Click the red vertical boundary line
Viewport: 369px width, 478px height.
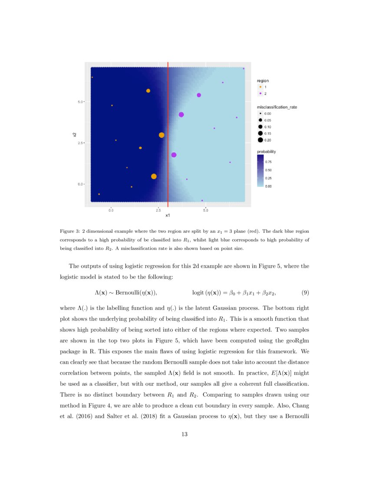point(168,130)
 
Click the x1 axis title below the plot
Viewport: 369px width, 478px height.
point(168,216)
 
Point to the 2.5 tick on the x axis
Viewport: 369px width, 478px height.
point(158,210)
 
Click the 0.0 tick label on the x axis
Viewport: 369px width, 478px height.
point(111,210)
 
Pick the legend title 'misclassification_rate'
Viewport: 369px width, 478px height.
point(277,107)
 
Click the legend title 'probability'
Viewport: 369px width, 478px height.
point(267,151)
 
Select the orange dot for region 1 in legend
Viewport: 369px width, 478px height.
point(260,87)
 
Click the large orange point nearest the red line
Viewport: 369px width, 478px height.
point(161,135)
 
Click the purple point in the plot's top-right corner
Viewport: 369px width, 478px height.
point(244,69)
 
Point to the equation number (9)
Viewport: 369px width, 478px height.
point(305,292)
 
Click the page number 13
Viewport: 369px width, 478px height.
point(184,434)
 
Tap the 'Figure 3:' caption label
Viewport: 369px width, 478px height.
point(69,231)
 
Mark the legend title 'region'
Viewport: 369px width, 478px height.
point(263,81)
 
